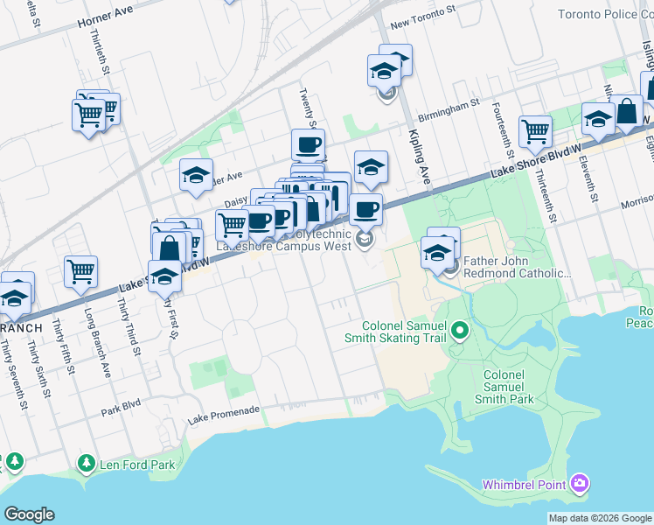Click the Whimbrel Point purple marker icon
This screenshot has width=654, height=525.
click(579, 484)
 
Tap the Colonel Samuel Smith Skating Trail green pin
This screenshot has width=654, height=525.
click(460, 331)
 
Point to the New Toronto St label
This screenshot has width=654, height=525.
click(424, 27)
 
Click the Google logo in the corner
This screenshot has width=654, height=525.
click(29, 514)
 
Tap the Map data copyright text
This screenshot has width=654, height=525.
click(600, 518)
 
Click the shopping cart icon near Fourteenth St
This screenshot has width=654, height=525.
click(535, 131)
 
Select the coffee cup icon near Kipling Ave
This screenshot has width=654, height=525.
click(366, 209)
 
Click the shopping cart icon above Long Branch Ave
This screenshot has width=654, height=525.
click(80, 271)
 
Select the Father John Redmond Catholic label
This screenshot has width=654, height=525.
click(516, 267)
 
